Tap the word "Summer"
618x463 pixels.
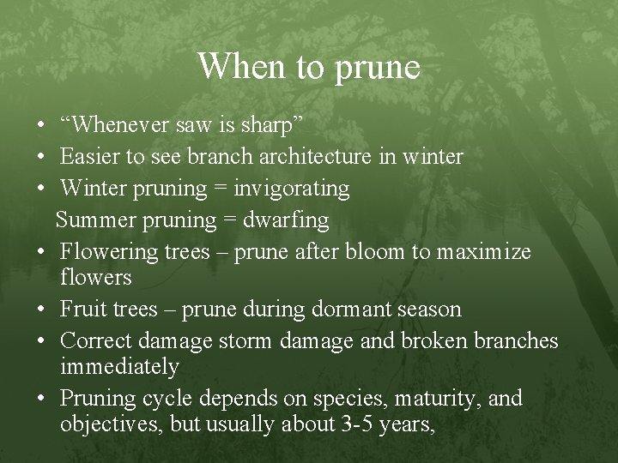tap(90, 220)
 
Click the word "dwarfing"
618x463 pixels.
tap(286, 220)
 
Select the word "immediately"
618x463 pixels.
tap(119, 367)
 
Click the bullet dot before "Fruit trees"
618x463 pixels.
tap(41, 310)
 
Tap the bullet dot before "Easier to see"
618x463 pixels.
tap(41, 157)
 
